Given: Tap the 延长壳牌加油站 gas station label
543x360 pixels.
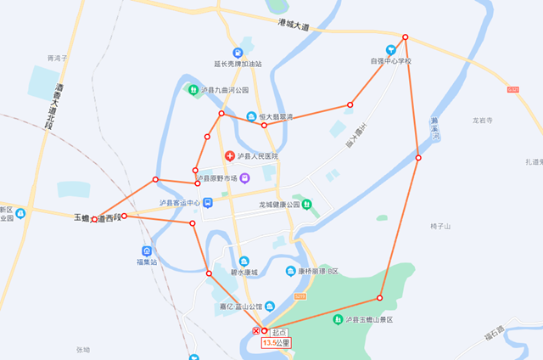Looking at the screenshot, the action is coord(238,64).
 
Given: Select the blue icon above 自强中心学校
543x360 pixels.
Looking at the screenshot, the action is coord(391,49).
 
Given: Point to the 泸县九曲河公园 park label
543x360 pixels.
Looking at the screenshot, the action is coord(224,89).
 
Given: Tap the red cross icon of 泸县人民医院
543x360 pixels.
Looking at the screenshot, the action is coord(229,156).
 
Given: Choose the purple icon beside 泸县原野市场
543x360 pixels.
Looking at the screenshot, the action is coord(244,178).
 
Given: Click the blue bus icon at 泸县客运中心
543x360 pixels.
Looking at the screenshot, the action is coord(208,203).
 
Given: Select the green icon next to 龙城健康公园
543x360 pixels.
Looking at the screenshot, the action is coord(307,204).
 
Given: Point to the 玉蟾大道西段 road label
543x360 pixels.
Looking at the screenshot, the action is coord(94,218).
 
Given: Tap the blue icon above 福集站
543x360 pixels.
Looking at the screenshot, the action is coord(147,251).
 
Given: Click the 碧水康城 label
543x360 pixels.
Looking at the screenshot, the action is coord(244,273).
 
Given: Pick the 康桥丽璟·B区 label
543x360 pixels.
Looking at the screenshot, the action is coord(316,272).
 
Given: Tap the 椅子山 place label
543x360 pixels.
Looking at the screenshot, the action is coord(440,226).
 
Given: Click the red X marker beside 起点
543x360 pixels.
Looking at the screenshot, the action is coord(256,329).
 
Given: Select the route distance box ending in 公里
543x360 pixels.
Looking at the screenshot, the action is coord(277,344).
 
